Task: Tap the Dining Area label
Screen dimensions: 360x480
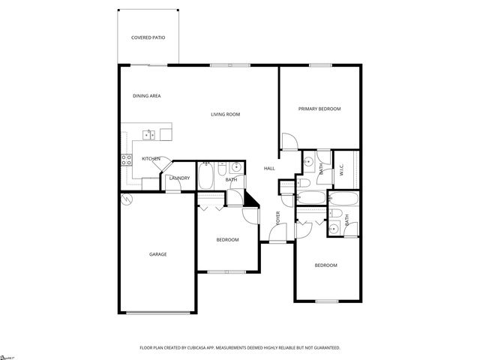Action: pyautogui.click(x=147, y=96)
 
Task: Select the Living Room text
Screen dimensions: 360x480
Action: pyautogui.click(x=225, y=114)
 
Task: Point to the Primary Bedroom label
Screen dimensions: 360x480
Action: pyautogui.click(x=319, y=109)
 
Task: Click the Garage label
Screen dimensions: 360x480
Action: pyautogui.click(x=157, y=254)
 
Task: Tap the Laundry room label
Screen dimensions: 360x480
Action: pyautogui.click(x=179, y=178)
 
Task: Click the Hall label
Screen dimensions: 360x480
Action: pyautogui.click(x=269, y=168)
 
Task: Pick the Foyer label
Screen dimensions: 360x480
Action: pyautogui.click(x=278, y=219)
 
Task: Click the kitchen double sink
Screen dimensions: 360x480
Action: pyautogui.click(x=149, y=134)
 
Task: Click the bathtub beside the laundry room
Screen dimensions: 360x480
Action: pyautogui.click(x=205, y=177)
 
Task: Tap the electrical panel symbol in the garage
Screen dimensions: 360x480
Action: pyautogui.click(x=126, y=199)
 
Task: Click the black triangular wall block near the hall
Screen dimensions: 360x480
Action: pyautogui.click(x=250, y=197)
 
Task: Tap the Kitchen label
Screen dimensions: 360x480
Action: pyautogui.click(x=151, y=158)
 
